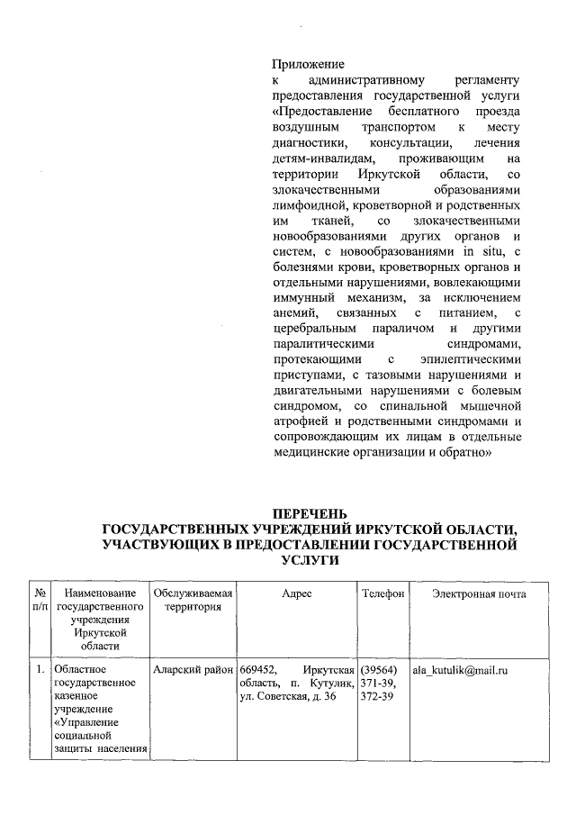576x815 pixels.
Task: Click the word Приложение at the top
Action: [308, 64]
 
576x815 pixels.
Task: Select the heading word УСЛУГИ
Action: [310, 560]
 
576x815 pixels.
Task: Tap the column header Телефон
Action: [382, 593]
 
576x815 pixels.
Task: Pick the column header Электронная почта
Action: [479, 593]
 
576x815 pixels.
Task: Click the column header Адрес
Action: [297, 593]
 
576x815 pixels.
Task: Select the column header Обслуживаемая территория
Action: [193, 601]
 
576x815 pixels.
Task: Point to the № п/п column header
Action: [40, 601]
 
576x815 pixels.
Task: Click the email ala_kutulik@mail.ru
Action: [461, 671]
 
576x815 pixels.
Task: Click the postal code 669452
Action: [261, 671]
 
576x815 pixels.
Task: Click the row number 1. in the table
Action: [40, 671]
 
